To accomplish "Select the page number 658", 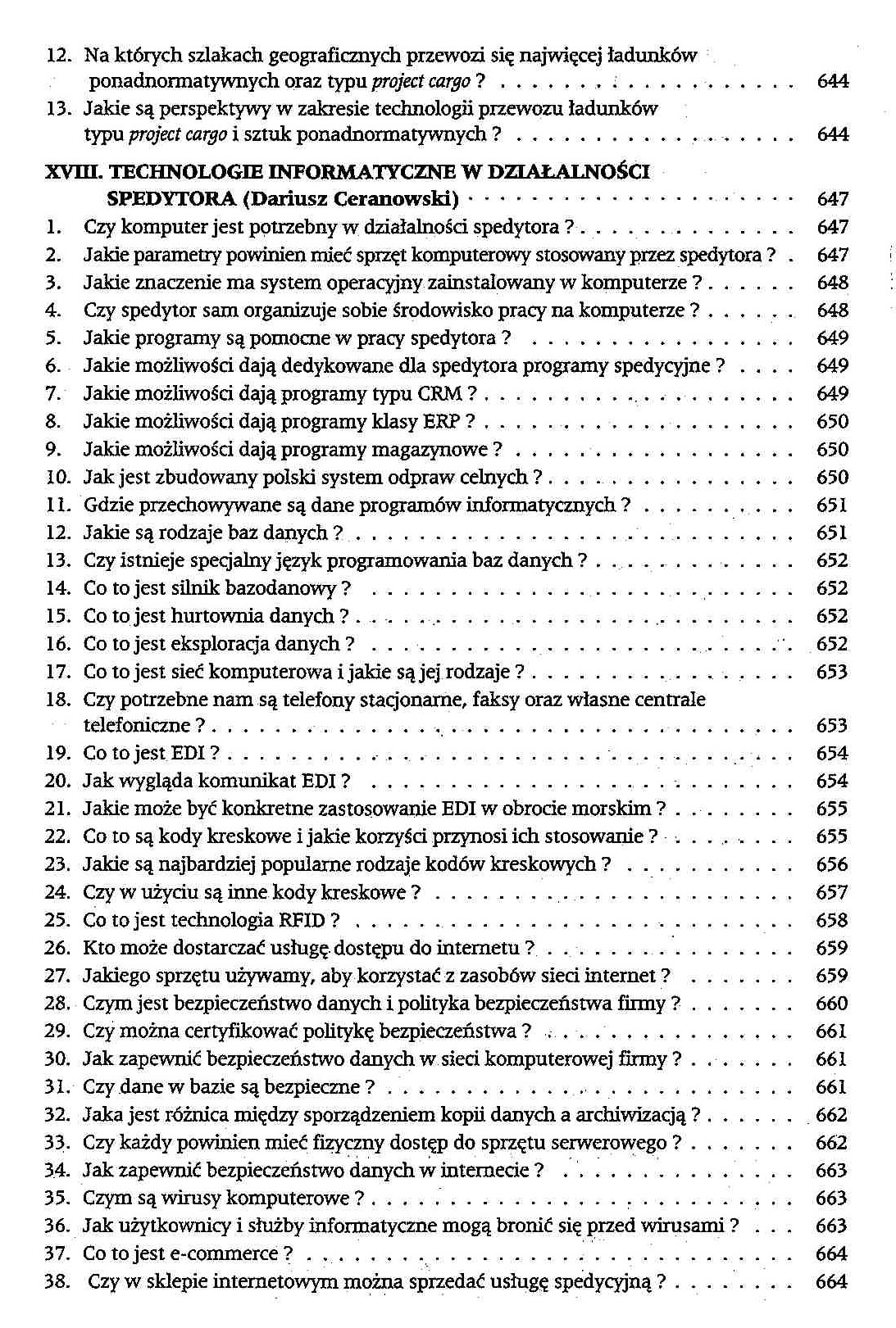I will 831,920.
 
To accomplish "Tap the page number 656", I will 831,864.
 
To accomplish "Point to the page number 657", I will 831,892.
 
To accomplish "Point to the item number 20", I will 57,782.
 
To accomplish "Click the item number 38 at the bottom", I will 57,1281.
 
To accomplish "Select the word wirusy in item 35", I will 194,1198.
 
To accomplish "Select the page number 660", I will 831,1004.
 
